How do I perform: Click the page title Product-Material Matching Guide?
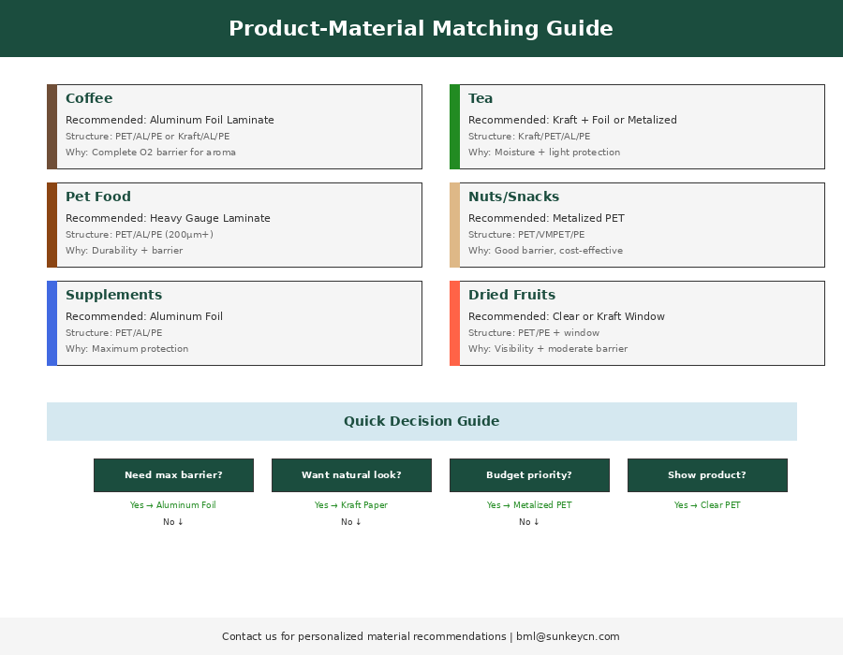[x=421, y=29]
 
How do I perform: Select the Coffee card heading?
[x=89, y=98]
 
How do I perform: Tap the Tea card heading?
[x=481, y=98]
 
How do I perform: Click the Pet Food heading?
[x=98, y=196]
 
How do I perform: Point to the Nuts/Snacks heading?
[x=513, y=196]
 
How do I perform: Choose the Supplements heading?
[x=113, y=295]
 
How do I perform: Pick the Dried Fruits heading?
[x=511, y=295]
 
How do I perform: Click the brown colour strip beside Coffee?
[x=52, y=126]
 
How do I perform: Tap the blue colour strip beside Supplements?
[x=52, y=323]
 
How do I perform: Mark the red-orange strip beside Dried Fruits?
[x=454, y=323]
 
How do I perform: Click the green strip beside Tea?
[x=454, y=126]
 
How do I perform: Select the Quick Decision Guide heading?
[x=421, y=421]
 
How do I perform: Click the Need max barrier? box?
[x=173, y=475]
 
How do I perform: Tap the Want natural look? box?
[x=351, y=475]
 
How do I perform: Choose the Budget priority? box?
[x=529, y=475]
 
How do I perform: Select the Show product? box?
[x=707, y=475]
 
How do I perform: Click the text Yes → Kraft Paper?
[x=351, y=505]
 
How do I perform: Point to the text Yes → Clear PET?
[x=707, y=505]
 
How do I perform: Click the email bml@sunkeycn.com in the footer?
[x=568, y=636]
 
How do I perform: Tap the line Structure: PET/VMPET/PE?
[x=526, y=235]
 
